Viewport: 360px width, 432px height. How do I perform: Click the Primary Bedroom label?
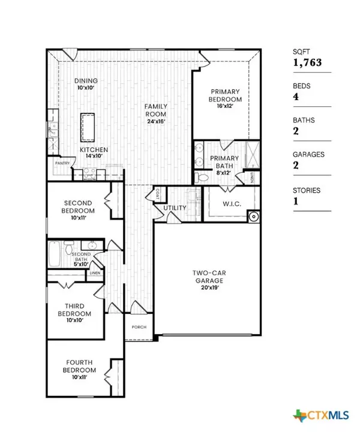coord(225,100)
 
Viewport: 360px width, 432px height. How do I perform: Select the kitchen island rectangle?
coord(88,125)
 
